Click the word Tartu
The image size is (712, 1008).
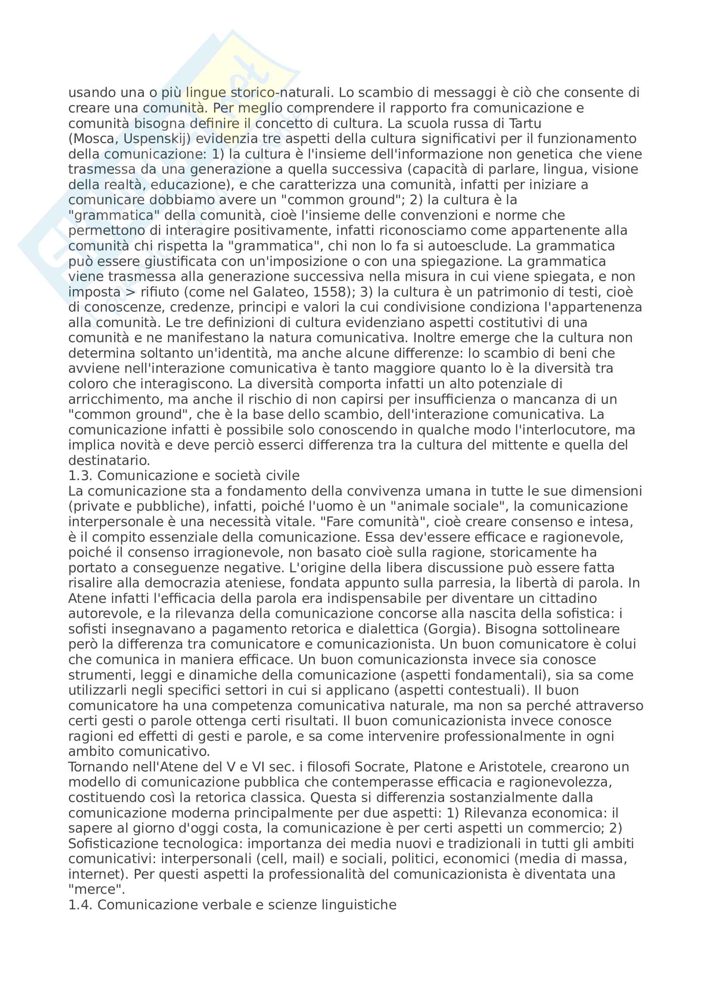(x=525, y=123)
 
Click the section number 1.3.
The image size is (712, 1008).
(x=80, y=476)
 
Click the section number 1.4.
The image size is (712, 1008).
(x=80, y=905)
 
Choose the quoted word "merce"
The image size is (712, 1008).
(x=96, y=889)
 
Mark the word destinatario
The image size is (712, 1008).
(x=109, y=461)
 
